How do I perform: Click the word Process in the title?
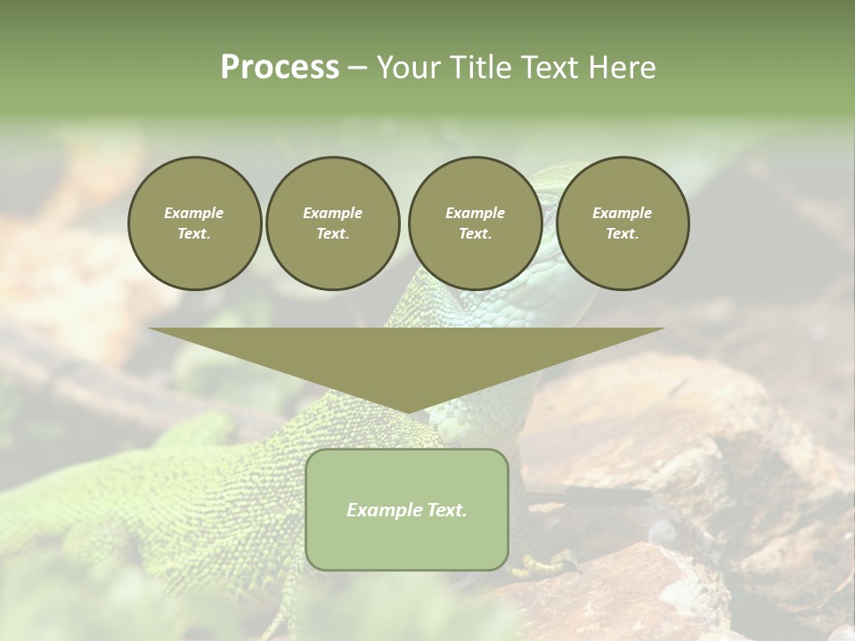point(280,68)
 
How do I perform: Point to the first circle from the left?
point(195,223)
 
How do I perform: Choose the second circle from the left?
point(333,223)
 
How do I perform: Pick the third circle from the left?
point(476,223)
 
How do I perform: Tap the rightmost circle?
point(623,223)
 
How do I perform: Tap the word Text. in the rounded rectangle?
point(445,510)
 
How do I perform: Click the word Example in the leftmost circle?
point(194,213)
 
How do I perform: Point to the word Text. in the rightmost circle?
point(623,234)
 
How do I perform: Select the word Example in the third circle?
point(476,213)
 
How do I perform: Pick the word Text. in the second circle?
point(333,234)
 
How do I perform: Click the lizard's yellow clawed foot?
point(545,563)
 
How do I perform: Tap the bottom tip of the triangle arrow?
point(407,410)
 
